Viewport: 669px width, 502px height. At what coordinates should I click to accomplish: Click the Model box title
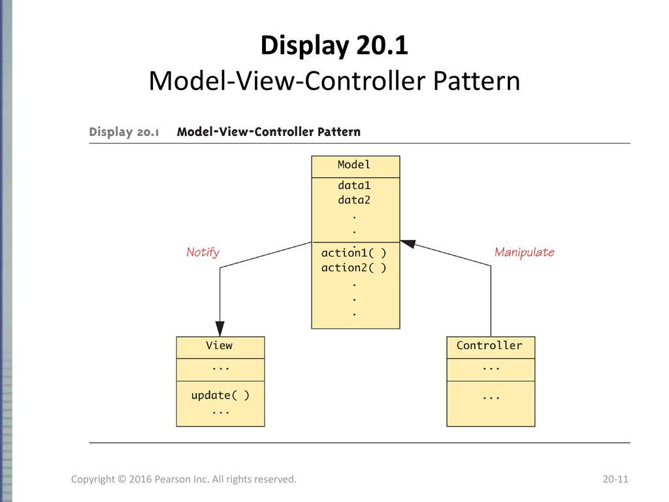coord(353,165)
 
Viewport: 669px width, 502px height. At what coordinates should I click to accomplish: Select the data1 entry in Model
coord(354,185)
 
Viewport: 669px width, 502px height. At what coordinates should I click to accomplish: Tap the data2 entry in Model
coord(354,200)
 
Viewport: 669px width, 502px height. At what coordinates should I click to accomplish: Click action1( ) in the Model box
coord(353,253)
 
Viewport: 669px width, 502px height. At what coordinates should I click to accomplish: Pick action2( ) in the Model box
coord(353,267)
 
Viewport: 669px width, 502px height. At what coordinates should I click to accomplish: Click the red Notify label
coord(203,252)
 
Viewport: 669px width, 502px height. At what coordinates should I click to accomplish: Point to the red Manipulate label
coord(525,252)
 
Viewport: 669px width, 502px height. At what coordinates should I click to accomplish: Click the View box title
coord(220,345)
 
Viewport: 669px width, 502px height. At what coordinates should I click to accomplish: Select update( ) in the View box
coord(220,395)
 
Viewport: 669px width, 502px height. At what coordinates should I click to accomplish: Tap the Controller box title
coord(489,345)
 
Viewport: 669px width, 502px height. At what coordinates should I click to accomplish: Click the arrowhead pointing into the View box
coord(220,329)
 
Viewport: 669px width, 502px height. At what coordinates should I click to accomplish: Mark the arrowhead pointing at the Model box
coord(408,244)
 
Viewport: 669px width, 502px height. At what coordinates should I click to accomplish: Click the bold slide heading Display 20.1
coord(334,45)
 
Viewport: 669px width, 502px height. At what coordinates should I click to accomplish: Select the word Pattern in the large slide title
coord(476,80)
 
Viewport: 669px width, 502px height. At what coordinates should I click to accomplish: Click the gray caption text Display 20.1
coord(123,132)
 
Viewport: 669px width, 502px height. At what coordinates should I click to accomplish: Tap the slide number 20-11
coord(615,479)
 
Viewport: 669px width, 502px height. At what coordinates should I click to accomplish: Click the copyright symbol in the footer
coord(122,479)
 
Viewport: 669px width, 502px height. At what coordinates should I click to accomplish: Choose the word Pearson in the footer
coord(172,479)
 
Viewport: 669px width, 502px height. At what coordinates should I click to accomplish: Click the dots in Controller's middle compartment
coord(491,368)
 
